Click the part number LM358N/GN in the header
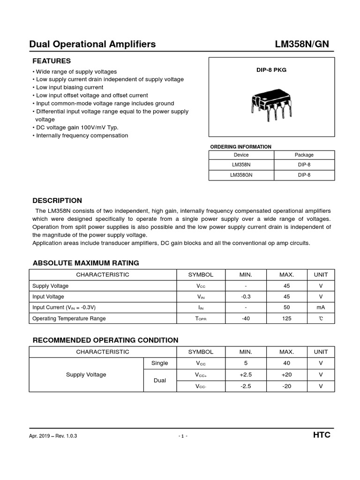click(302, 45)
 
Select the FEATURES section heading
click(52, 61)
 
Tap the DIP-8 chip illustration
click(271, 104)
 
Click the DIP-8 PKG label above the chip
click(271, 70)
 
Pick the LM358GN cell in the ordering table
click(241, 175)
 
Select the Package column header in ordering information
click(304, 155)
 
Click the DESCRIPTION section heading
click(57, 201)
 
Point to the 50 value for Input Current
click(287, 307)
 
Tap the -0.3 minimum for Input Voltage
click(246, 297)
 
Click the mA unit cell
click(321, 307)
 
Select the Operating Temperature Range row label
click(69, 318)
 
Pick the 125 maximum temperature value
click(287, 318)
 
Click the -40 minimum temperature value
click(246, 318)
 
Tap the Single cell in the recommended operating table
click(159, 363)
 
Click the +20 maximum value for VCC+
click(287, 375)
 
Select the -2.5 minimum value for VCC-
click(246, 386)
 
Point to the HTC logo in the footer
click(322, 435)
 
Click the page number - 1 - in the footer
click(183, 436)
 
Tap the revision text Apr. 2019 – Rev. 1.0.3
click(53, 436)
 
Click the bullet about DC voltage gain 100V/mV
click(75, 127)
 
